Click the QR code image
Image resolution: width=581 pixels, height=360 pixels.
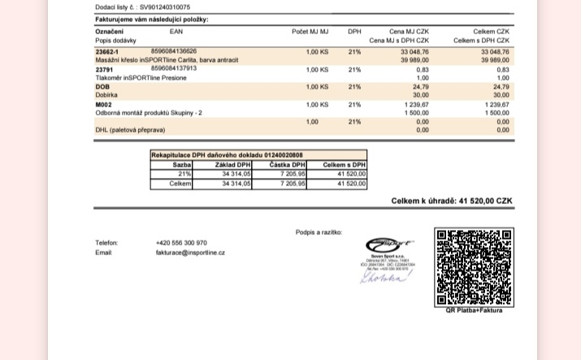click(474, 267)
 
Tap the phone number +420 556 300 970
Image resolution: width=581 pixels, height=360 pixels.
click(181, 242)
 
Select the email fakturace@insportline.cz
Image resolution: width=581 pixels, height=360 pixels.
click(190, 253)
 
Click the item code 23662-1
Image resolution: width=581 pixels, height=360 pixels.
click(107, 51)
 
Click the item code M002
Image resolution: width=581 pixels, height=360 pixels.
click(103, 104)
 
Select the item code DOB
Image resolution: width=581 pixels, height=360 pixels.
click(102, 86)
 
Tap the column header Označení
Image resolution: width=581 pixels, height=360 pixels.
click(110, 31)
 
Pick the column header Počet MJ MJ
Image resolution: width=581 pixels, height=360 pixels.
click(310, 31)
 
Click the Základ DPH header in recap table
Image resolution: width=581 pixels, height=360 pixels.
click(232, 164)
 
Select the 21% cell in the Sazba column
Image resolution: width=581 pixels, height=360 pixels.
click(184, 173)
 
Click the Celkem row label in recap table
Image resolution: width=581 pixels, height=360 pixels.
click(180, 184)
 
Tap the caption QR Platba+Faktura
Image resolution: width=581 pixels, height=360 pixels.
click(474, 310)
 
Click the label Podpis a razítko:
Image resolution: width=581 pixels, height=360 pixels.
click(319, 232)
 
